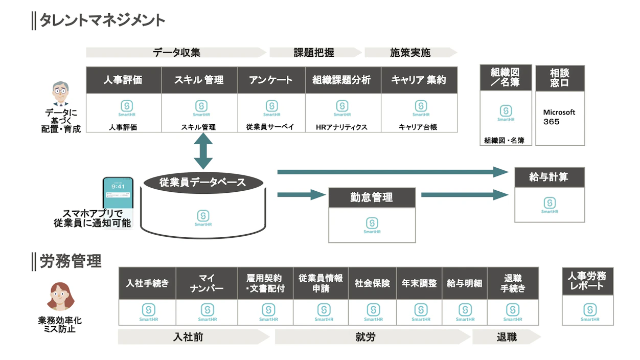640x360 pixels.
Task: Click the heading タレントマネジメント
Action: coord(102,20)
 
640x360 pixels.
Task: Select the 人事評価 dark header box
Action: coord(123,80)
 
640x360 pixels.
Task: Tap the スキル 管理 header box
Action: coord(199,80)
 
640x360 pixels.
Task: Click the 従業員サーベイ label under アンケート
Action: coord(270,127)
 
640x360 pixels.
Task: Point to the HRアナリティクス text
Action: coord(342,127)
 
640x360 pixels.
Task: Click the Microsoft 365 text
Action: coord(559,117)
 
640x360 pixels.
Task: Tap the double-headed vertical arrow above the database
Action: coord(203,151)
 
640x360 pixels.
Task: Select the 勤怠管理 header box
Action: coord(372,197)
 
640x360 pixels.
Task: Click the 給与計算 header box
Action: coord(549,177)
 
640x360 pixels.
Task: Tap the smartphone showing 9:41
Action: coord(118,197)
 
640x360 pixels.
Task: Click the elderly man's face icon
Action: coord(60,95)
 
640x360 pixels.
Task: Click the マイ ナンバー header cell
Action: coord(207,283)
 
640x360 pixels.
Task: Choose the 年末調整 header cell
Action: coord(419,283)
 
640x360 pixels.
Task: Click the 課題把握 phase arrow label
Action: coord(314,52)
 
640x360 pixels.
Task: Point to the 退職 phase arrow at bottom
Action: coord(506,337)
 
